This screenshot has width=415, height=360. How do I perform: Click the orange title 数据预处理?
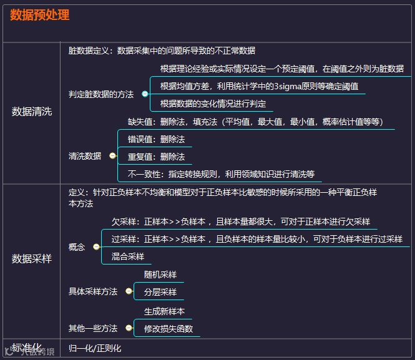pos(40,16)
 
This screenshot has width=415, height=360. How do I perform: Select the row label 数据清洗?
pos(32,112)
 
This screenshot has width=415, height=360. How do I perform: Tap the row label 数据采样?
pos(32,258)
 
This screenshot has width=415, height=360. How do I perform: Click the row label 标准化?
pos(27,348)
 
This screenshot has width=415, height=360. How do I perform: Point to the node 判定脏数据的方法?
pos(101,94)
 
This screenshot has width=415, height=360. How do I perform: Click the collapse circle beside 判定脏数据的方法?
pos(145,94)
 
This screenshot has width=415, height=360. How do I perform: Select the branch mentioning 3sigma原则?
pos(259,86)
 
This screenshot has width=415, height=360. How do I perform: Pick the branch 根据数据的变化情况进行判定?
pos(213,104)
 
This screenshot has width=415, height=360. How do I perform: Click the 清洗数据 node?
pos(85,156)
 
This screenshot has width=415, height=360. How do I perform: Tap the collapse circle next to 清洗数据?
pos(112,156)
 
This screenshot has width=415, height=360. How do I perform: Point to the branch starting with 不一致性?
pos(221,174)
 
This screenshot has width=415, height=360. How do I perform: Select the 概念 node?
pos(77,247)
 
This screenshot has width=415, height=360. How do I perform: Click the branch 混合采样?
pos(128,256)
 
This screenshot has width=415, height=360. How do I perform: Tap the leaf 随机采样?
pos(160,275)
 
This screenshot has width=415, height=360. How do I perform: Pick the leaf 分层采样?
pos(160,292)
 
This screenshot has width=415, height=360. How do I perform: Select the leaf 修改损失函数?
pos(168,329)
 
